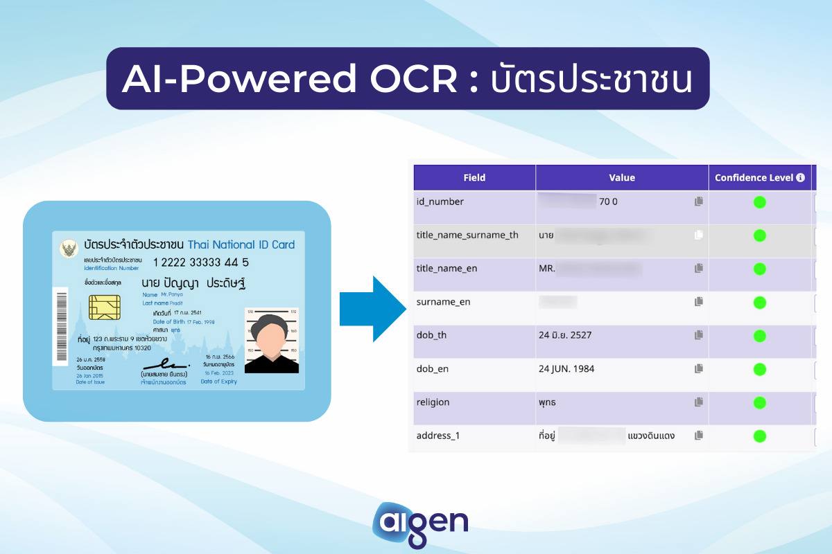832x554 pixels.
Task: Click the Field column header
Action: (474, 178)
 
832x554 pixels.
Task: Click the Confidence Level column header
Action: (754, 178)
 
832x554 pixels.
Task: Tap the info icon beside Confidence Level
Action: (801, 178)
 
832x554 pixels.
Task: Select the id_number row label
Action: (440, 202)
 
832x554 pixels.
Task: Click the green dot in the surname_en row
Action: (759, 303)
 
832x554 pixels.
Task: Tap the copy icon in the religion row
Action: (699, 402)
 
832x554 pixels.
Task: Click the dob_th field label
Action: (431, 335)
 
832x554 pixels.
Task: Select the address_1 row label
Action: (438, 436)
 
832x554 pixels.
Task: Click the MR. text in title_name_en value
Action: (547, 269)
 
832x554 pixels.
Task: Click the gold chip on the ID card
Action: (105, 307)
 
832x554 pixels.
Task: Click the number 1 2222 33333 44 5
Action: (200, 262)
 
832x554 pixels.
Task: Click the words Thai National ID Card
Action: (241, 244)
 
